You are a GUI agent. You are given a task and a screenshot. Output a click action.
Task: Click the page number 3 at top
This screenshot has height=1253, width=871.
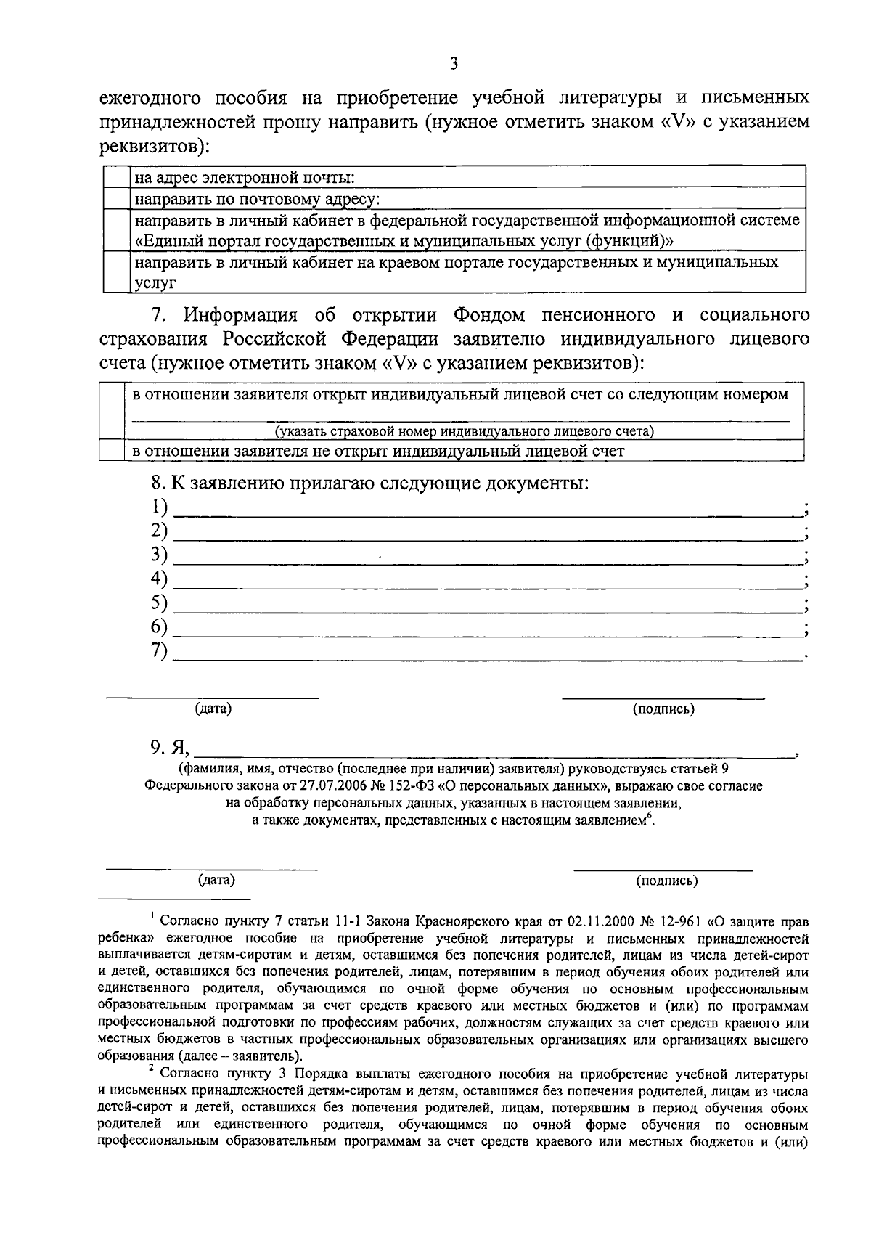pyautogui.click(x=454, y=64)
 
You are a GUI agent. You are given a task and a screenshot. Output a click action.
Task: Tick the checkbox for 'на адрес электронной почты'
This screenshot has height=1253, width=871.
pyautogui.click(x=116, y=176)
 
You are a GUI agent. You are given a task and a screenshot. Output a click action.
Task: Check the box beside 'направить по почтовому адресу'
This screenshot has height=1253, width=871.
pyautogui.click(x=116, y=197)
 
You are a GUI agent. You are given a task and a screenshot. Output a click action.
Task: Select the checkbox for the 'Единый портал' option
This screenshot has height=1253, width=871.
pyautogui.click(x=116, y=229)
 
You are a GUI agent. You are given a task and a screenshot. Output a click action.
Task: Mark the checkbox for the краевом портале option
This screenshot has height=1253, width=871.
pyautogui.click(x=116, y=272)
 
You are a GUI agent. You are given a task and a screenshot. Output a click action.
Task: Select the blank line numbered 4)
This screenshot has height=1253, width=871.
pyautogui.click(x=486, y=585)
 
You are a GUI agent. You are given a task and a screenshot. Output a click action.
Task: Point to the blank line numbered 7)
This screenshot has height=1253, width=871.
pyautogui.click(x=486, y=658)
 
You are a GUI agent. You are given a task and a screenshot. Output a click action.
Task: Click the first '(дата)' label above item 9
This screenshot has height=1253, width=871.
pyautogui.click(x=213, y=709)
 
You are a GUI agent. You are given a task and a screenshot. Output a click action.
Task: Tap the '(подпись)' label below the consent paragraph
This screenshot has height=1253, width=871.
pyautogui.click(x=666, y=881)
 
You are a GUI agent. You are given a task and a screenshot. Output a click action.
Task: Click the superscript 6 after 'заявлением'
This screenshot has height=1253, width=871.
pyautogui.click(x=650, y=817)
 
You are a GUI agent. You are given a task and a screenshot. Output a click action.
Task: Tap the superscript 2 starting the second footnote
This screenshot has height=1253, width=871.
pyautogui.click(x=151, y=1069)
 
